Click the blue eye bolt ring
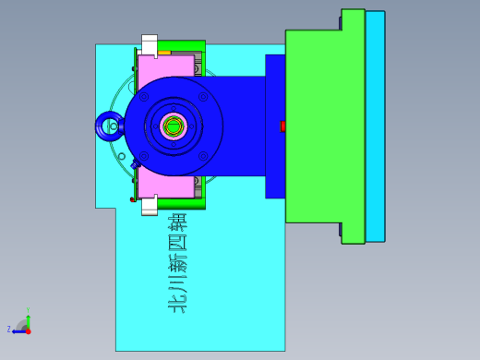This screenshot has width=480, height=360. click(x=109, y=126)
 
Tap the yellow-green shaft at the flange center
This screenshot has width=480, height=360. click(x=174, y=126)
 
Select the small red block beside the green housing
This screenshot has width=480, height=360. click(x=283, y=126)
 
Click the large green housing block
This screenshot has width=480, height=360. click(x=314, y=126)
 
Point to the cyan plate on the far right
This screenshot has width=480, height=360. click(x=375, y=126)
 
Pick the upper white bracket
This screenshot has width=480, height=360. click(x=149, y=44)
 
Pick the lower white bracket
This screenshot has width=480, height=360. click(x=149, y=206)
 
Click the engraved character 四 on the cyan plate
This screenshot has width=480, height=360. click(x=177, y=245)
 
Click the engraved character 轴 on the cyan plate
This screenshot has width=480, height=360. click(x=177, y=224)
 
